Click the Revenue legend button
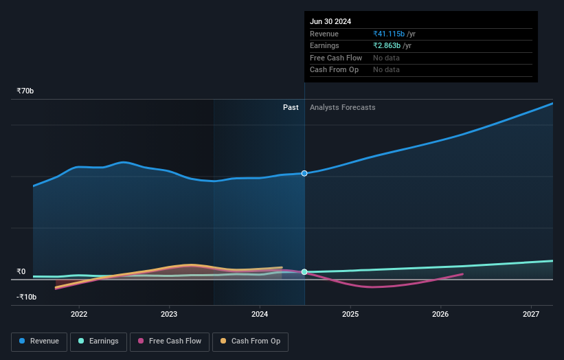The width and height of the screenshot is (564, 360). tap(39, 341)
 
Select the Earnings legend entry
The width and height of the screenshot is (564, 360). tap(98, 341)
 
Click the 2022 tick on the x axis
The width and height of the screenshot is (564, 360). tap(79, 315)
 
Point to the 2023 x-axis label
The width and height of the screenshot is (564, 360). tap(169, 315)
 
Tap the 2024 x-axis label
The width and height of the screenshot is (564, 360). tap(260, 315)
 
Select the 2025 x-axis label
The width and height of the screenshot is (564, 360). tap(350, 315)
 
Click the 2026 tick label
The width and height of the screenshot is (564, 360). tap(440, 315)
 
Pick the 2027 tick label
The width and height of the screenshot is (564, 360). tap(531, 315)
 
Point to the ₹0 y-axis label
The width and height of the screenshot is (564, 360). tap(21, 271)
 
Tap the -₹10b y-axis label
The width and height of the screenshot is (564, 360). tap(27, 297)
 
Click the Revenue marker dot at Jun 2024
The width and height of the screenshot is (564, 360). tap(304, 173)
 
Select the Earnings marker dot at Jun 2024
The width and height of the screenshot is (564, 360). tap(304, 272)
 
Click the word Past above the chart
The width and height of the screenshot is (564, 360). tap(291, 108)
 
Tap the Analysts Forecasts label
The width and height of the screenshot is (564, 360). tap(343, 108)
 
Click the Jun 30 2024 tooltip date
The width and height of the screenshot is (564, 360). tap(330, 21)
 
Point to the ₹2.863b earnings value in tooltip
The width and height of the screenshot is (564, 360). tap(387, 46)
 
